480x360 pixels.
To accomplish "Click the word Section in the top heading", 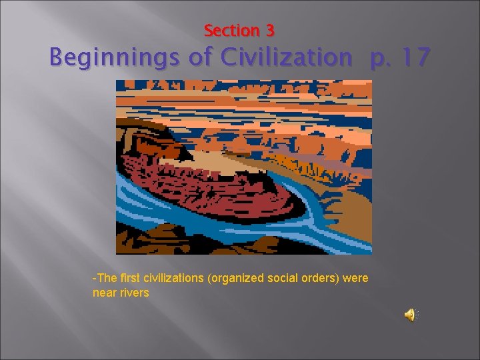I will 229,31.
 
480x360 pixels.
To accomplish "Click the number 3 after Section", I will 269,31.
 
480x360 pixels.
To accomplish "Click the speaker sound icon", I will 411,315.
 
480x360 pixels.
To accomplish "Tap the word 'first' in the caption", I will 127,278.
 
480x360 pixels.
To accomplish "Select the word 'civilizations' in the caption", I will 173,278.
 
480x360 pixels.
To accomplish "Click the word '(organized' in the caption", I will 237,278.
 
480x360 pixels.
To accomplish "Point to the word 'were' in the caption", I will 356,278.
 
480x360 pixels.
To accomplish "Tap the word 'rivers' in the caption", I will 135,293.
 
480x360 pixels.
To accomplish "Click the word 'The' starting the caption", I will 104,278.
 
